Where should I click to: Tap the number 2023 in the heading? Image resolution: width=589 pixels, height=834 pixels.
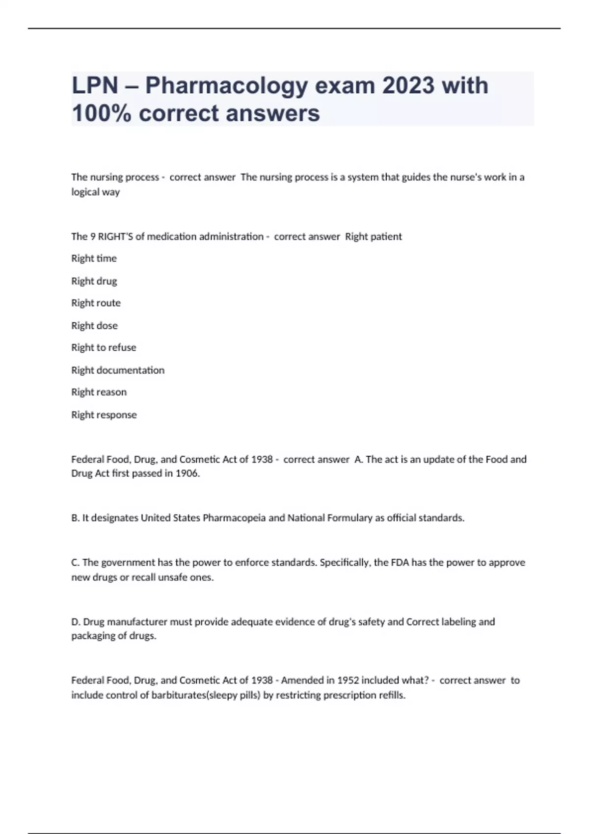point(408,86)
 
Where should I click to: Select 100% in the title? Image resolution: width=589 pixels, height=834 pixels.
point(101,113)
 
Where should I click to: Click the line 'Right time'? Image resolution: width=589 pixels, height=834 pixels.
point(94,259)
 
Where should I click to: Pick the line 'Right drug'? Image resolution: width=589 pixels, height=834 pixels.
point(94,281)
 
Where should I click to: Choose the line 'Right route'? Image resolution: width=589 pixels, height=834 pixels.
point(96,303)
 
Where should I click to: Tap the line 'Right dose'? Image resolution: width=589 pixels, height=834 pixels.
point(94,326)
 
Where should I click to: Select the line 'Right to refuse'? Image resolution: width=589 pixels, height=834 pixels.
point(104,348)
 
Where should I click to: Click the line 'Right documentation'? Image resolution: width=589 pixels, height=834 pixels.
point(118,370)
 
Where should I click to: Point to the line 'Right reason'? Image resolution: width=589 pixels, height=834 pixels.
point(99,392)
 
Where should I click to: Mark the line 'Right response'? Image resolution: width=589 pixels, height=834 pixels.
point(104,415)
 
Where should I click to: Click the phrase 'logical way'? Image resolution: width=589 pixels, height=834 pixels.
point(95,192)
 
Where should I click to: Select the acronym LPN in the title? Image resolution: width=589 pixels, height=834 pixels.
point(95,86)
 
